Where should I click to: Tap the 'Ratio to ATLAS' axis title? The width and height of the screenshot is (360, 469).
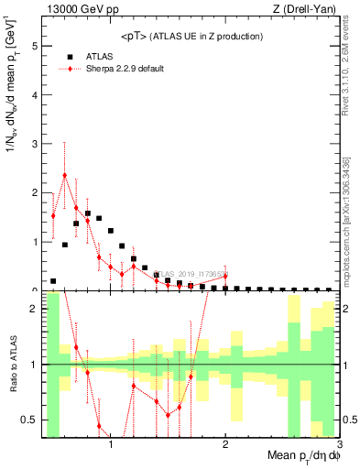13,365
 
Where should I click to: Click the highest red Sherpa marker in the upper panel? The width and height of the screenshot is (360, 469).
65,175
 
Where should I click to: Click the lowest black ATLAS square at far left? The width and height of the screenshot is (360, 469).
53,281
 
